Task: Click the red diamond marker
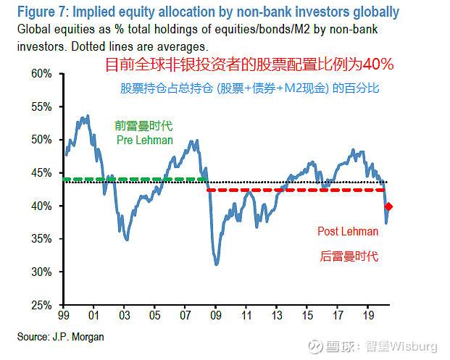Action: (388, 207)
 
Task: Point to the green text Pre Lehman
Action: (144, 140)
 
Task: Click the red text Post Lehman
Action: (348, 232)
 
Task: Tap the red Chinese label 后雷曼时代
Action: (349, 256)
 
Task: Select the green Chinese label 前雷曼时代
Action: (144, 125)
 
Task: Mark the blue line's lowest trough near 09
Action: (217, 264)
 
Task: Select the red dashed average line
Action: (290, 190)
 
